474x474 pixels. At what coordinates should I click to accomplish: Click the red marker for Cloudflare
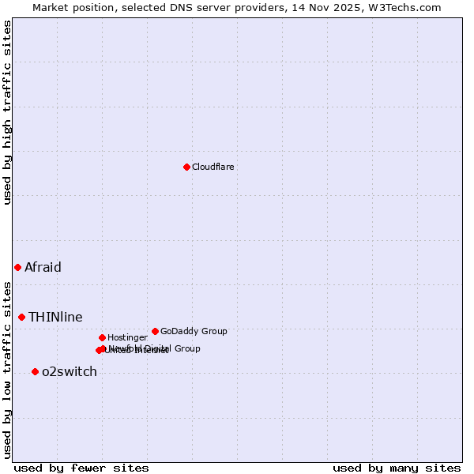point(186,167)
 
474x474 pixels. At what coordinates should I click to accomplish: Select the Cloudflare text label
point(213,167)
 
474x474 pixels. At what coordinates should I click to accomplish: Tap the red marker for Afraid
point(17,267)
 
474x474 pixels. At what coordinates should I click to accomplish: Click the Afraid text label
point(43,267)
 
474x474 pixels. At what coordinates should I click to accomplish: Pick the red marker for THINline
point(22,317)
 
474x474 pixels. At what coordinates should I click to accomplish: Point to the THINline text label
point(55,317)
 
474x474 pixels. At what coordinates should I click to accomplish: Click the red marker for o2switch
point(35,371)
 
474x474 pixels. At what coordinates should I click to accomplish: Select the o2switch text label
point(70,371)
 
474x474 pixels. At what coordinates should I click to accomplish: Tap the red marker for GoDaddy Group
point(155,331)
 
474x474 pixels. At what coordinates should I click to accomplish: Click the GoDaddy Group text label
point(194,331)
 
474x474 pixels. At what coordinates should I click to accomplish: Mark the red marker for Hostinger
point(102,337)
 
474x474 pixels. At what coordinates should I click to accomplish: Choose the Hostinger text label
point(127,337)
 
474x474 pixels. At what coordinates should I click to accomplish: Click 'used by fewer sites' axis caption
point(81,468)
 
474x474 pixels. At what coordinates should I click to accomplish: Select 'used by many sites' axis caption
point(397,468)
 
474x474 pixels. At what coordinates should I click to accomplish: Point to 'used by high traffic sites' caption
point(8,112)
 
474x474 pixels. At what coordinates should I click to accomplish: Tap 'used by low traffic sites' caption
point(8,369)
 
